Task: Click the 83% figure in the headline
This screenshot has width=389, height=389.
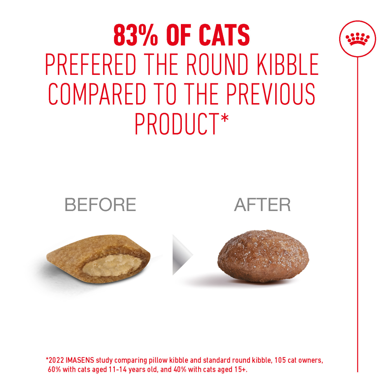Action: (136, 35)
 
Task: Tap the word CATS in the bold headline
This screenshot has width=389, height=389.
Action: (224, 35)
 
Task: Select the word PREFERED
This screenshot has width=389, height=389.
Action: (90, 65)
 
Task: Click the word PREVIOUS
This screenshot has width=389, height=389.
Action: (271, 94)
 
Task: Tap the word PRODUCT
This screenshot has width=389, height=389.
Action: (177, 124)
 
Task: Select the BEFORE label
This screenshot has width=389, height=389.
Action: (100, 205)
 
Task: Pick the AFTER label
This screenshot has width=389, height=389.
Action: (262, 205)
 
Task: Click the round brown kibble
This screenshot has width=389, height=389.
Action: (263, 256)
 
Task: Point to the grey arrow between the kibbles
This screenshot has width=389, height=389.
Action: (182, 255)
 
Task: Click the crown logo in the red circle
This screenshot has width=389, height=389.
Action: (358, 39)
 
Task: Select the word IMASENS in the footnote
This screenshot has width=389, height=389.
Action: (80, 360)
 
